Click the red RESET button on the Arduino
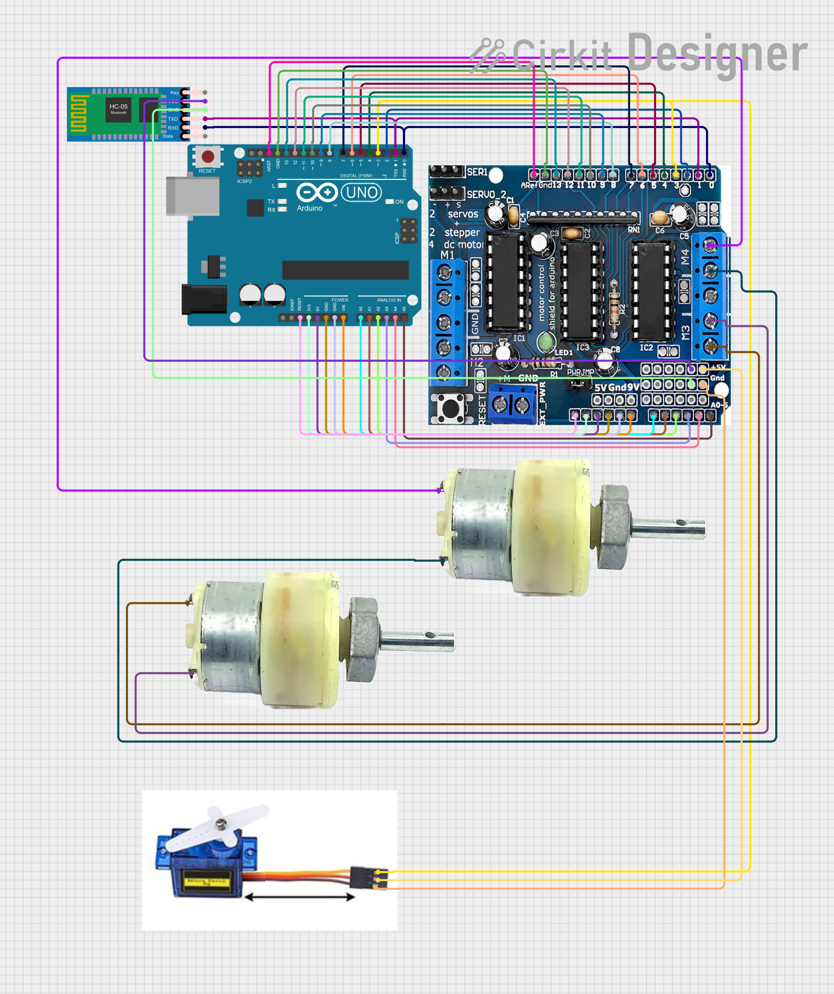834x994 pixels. (x=208, y=157)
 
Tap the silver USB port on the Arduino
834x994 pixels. (x=192, y=196)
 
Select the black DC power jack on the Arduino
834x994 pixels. (x=204, y=299)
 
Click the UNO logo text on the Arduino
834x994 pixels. (x=361, y=193)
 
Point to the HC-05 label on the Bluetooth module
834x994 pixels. (x=118, y=106)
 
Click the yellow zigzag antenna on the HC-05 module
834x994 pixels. (x=79, y=114)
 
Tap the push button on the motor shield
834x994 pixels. (x=450, y=408)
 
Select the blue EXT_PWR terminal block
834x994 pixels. (x=511, y=405)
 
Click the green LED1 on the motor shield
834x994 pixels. (x=546, y=342)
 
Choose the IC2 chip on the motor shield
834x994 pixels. (x=653, y=290)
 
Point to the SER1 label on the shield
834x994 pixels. (x=477, y=172)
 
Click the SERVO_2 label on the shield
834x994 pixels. (x=486, y=194)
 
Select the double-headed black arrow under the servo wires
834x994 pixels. (x=299, y=897)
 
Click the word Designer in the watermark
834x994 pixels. (x=717, y=53)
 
